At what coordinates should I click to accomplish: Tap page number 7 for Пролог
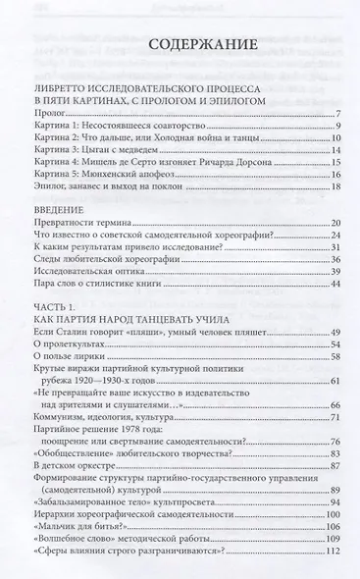tap(336, 114)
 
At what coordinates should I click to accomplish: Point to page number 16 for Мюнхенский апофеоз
tap(334, 174)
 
